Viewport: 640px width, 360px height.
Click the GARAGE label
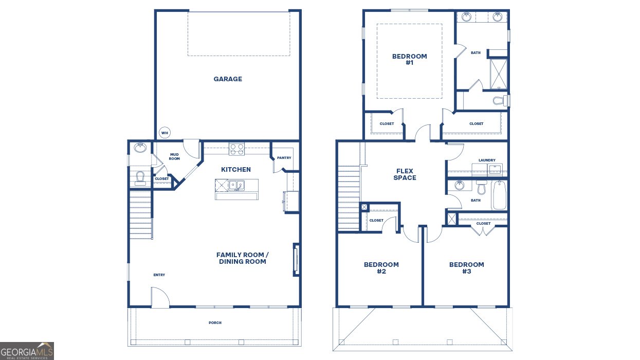click(x=228, y=79)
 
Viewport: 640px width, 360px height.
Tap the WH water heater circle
click(x=164, y=133)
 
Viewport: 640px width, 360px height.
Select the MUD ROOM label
click(x=174, y=156)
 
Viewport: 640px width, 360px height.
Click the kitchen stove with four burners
click(x=236, y=149)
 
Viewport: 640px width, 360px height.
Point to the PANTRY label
click(x=284, y=158)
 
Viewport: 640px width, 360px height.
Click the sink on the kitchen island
click(x=236, y=185)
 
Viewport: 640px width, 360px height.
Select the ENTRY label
click(x=159, y=275)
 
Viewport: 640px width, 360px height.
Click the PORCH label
click(x=215, y=323)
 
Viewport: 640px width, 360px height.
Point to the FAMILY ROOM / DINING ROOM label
click(x=242, y=258)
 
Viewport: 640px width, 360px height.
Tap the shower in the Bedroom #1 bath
click(x=498, y=74)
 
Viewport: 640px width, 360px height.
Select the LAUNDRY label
click(x=487, y=160)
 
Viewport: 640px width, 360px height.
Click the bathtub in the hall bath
click(x=499, y=195)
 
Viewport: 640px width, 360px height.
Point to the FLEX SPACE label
click(x=405, y=174)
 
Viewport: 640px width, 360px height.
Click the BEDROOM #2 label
click(x=381, y=268)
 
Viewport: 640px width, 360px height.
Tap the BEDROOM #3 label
click(x=466, y=268)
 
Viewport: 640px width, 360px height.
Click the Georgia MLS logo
click(x=27, y=351)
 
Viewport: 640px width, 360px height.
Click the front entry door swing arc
click(x=160, y=298)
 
